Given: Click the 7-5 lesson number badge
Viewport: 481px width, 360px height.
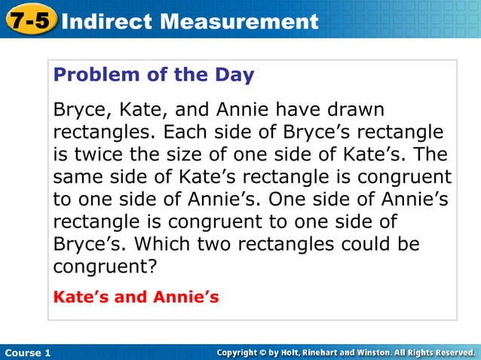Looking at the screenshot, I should (29, 20).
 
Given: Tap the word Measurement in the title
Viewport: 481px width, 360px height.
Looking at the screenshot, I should (237, 21).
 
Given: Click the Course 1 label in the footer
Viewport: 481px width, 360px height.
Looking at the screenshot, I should (26, 352).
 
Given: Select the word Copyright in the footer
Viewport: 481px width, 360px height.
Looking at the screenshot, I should (242, 352).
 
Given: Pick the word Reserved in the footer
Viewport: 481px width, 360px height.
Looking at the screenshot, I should (450, 352).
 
